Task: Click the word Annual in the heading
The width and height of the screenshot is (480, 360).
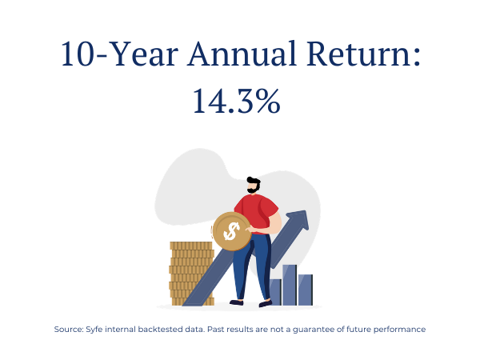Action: tap(242, 54)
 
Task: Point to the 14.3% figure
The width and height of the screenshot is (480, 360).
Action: tap(236, 101)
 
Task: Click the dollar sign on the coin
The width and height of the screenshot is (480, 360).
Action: tap(231, 231)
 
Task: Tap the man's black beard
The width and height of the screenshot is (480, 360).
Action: tap(253, 190)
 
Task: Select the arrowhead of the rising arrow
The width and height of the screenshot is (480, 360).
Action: tap(298, 221)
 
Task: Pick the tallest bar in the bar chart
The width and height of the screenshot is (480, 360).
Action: tap(290, 285)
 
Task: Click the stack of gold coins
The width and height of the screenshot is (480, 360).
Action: tap(190, 274)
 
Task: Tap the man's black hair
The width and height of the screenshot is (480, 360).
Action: tap(254, 182)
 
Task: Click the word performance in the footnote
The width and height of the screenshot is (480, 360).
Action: tap(399, 330)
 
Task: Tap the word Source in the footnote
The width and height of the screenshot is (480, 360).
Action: tap(69, 330)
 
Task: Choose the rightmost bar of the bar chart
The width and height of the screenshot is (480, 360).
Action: tap(306, 290)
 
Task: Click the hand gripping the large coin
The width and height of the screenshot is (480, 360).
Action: tap(250, 229)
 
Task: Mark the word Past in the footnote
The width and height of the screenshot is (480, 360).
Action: tap(215, 330)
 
